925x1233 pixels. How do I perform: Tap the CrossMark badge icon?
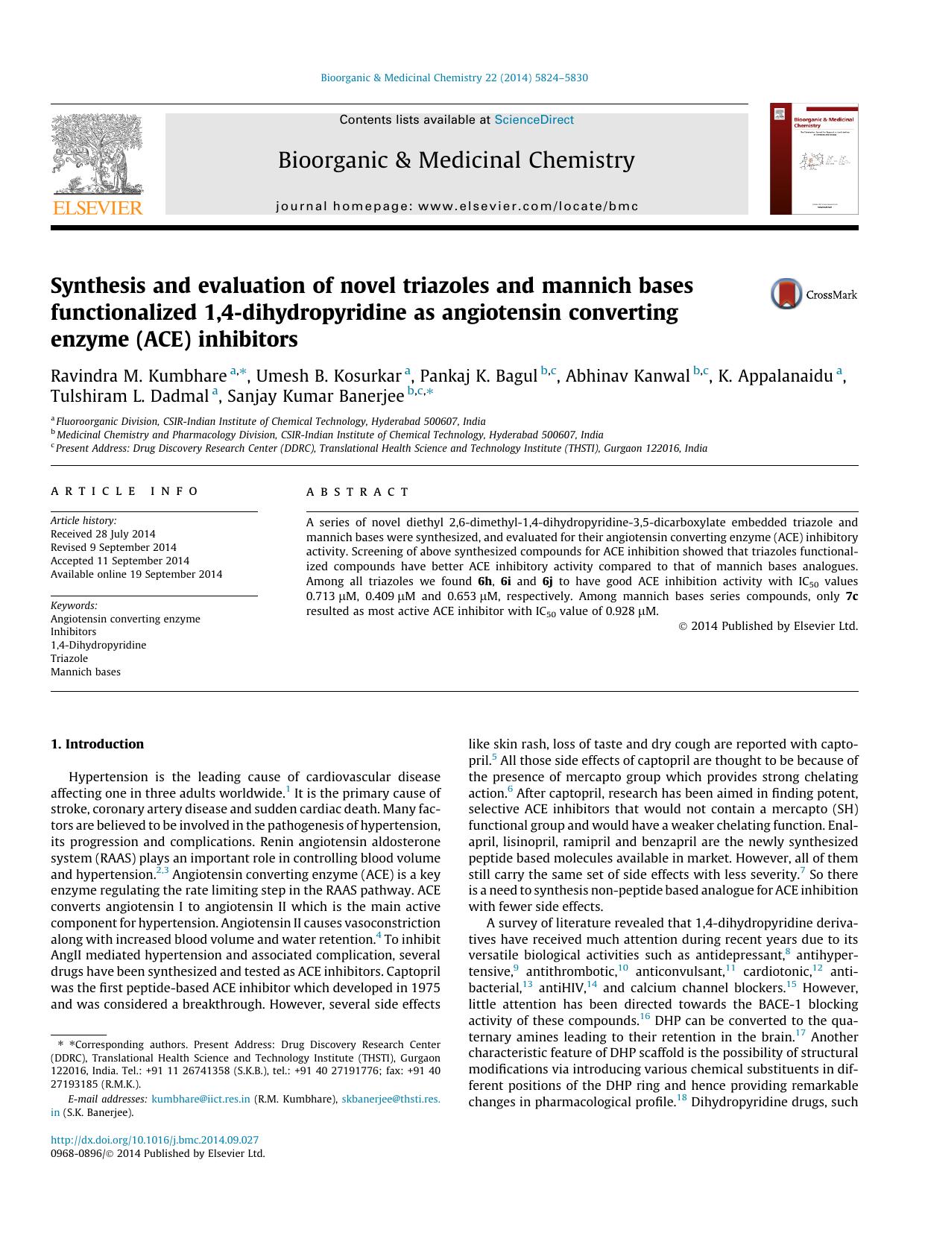point(786,294)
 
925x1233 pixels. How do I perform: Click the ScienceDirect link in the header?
point(534,119)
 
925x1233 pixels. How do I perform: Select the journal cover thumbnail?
point(814,159)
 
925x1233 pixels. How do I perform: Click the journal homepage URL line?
point(456,206)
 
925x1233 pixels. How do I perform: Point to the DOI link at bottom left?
point(154,1140)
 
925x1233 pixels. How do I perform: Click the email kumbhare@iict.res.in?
point(201,1099)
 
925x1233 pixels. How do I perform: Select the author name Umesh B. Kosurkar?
point(328,376)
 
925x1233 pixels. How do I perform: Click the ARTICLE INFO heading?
point(124,491)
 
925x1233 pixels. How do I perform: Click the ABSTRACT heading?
point(357,492)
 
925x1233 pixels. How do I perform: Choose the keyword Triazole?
point(69,658)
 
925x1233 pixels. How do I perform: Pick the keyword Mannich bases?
point(85,672)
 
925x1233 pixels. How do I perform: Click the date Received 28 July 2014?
point(103,534)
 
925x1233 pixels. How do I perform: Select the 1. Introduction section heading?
point(97,744)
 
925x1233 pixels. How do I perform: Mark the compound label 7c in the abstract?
point(851,596)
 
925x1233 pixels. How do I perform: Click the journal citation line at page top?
point(453,78)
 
